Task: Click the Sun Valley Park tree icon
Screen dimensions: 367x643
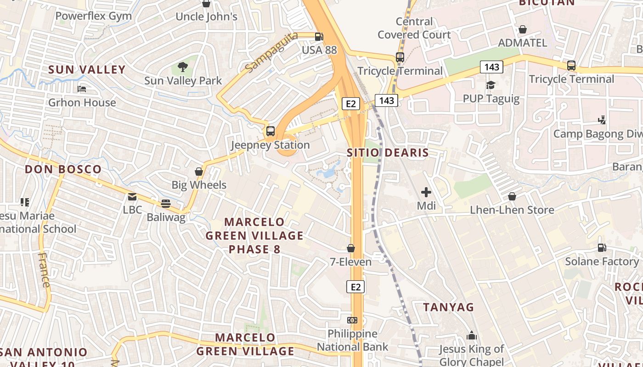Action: pyautogui.click(x=183, y=67)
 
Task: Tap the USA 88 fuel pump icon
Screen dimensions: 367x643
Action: pyautogui.click(x=319, y=37)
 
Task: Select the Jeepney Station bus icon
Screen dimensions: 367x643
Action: pyautogui.click(x=271, y=131)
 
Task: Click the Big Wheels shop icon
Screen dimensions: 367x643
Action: pyautogui.click(x=199, y=172)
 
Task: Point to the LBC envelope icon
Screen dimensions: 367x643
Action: pyautogui.click(x=132, y=197)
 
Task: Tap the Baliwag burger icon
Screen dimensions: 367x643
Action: pyautogui.click(x=166, y=204)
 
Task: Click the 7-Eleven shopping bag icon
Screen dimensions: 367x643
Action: pyautogui.click(x=351, y=248)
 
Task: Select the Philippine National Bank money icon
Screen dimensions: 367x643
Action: pyautogui.click(x=352, y=320)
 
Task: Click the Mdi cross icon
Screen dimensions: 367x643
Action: pyautogui.click(x=426, y=192)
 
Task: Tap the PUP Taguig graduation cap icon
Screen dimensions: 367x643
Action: pyautogui.click(x=491, y=85)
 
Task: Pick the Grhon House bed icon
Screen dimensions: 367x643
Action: pyautogui.click(x=82, y=89)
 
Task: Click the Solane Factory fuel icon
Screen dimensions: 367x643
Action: pyautogui.click(x=602, y=248)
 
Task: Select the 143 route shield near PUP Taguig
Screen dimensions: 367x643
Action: pyautogui.click(x=491, y=67)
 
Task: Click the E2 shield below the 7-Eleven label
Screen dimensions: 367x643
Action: pyautogui.click(x=355, y=287)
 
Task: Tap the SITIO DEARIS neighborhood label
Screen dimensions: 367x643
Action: pyautogui.click(x=388, y=153)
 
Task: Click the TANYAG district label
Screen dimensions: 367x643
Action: pyautogui.click(x=448, y=307)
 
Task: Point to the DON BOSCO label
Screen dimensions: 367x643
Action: pyautogui.click(x=63, y=169)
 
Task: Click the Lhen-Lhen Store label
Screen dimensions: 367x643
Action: pyautogui.click(x=512, y=210)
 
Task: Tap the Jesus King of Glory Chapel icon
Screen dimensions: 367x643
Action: pyautogui.click(x=472, y=336)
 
